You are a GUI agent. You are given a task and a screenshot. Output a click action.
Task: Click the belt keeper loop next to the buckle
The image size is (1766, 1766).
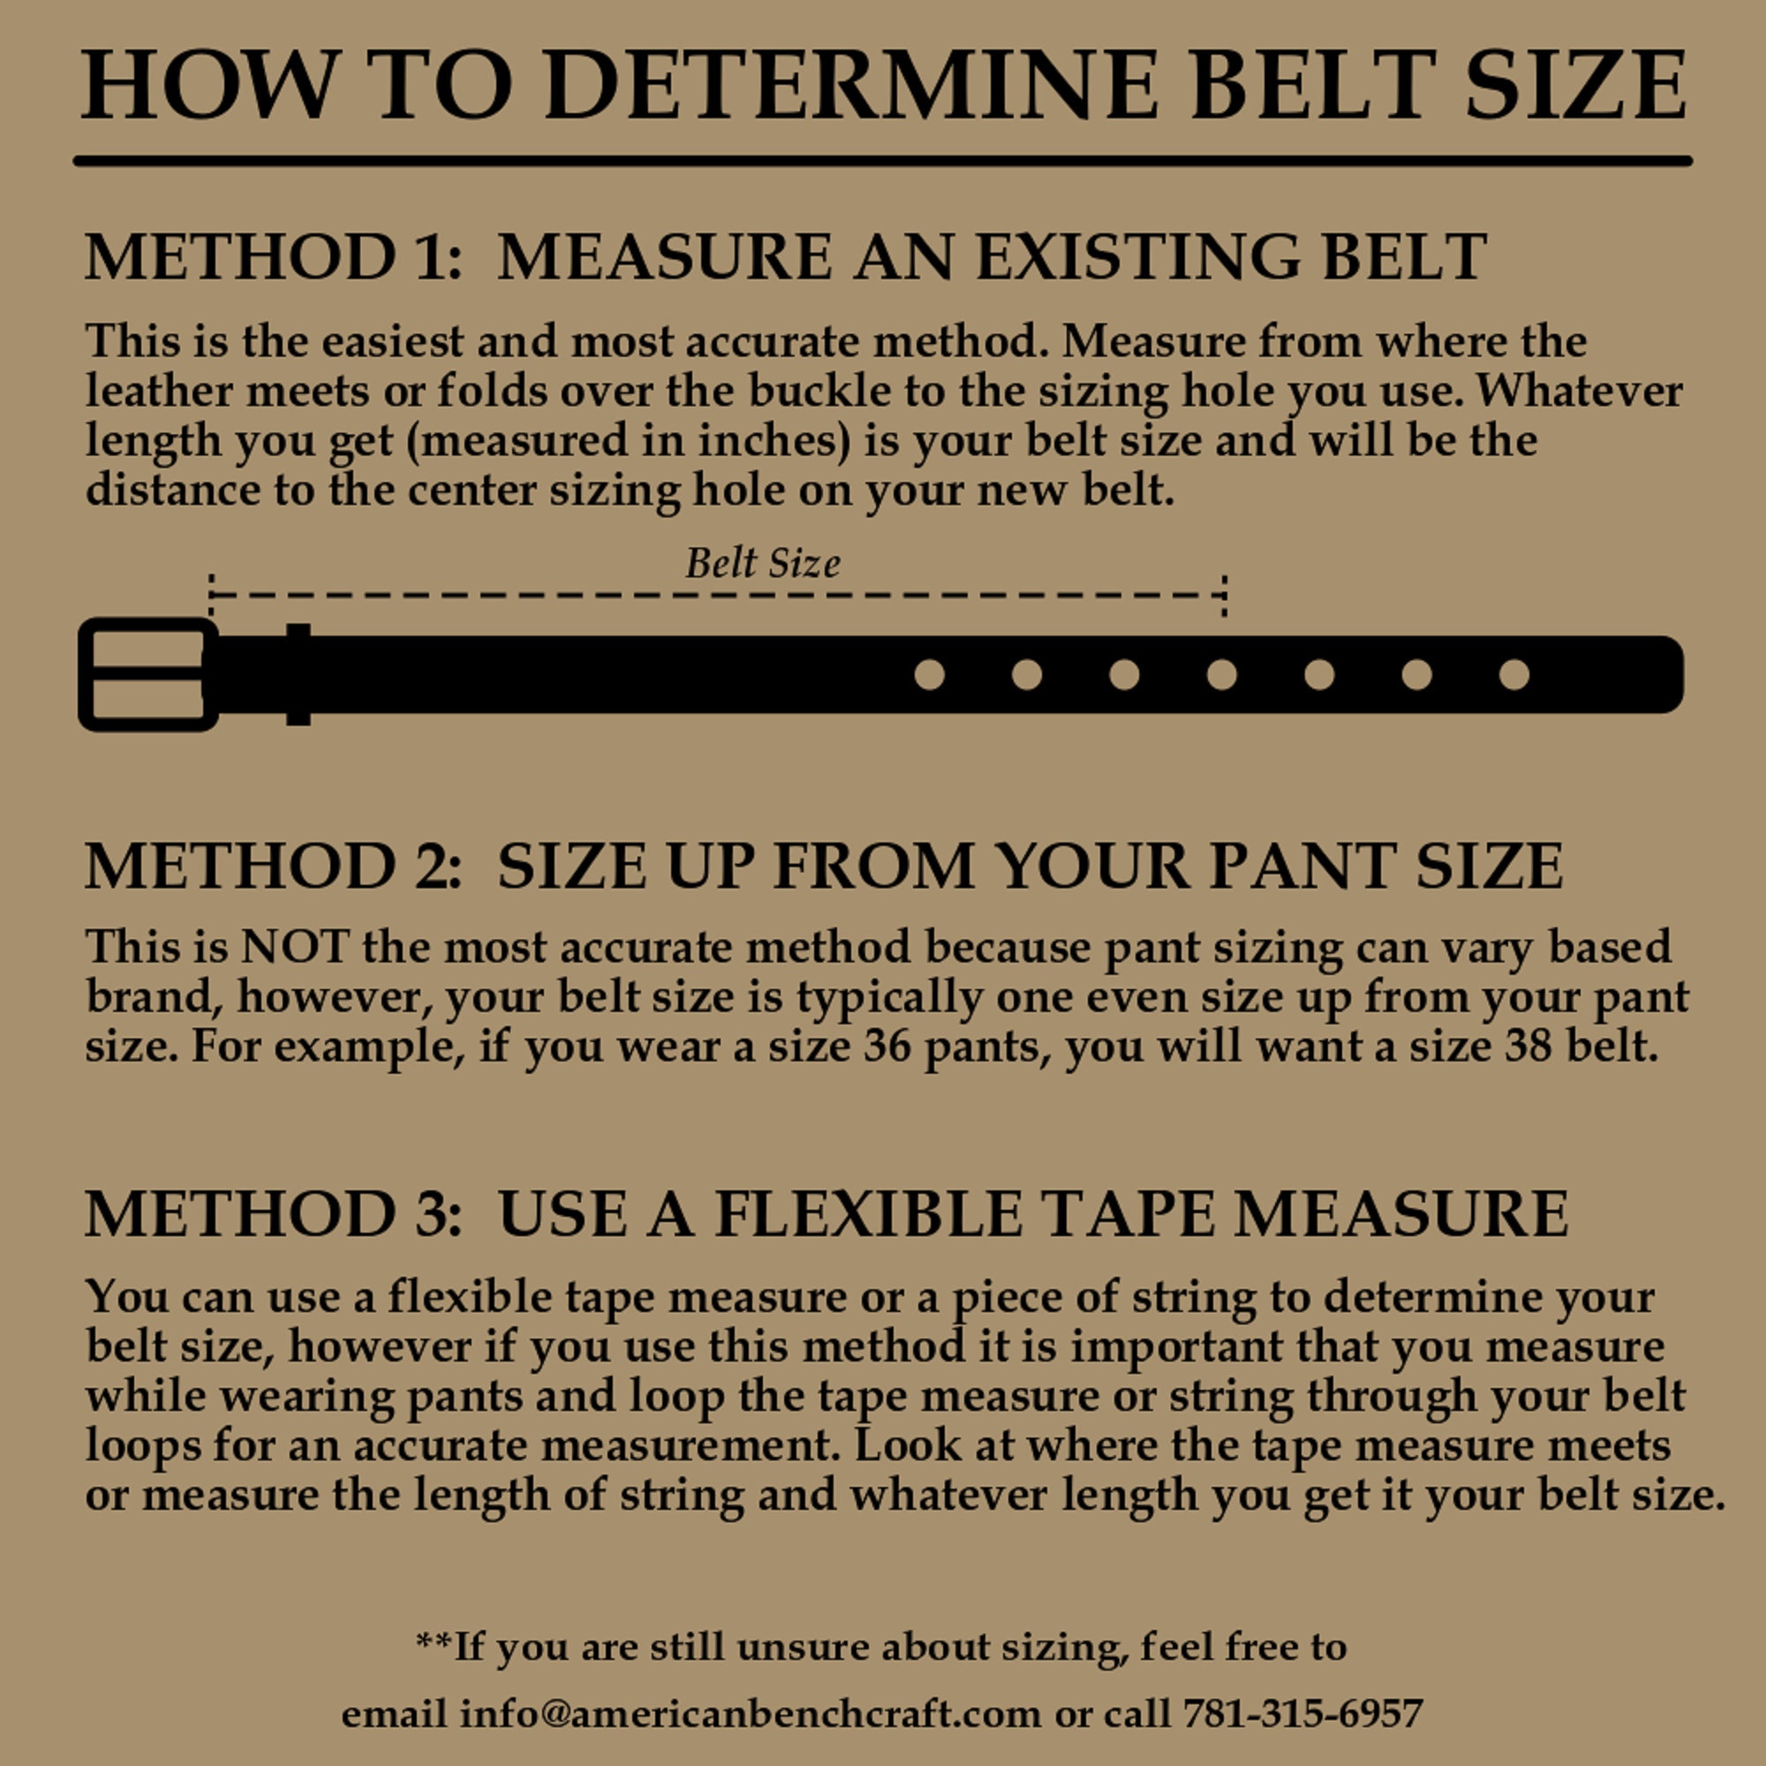click(298, 675)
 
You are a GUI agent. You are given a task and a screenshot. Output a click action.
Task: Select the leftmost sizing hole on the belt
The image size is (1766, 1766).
click(930, 675)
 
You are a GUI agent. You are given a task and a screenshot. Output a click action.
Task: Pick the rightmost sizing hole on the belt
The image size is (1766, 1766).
click(1514, 675)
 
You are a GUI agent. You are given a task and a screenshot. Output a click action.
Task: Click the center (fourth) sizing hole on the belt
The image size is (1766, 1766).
click(1222, 675)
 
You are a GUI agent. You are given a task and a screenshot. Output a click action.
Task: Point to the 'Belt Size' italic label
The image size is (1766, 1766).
click(762, 563)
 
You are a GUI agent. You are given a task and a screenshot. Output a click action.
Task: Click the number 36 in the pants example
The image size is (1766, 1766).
click(887, 1045)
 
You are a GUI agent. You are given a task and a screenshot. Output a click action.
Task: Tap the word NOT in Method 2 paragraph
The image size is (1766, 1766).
click(294, 946)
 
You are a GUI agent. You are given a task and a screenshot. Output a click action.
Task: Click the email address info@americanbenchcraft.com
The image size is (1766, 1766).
click(750, 1712)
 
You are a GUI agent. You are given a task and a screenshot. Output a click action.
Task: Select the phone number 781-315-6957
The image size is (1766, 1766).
click(1303, 1712)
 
